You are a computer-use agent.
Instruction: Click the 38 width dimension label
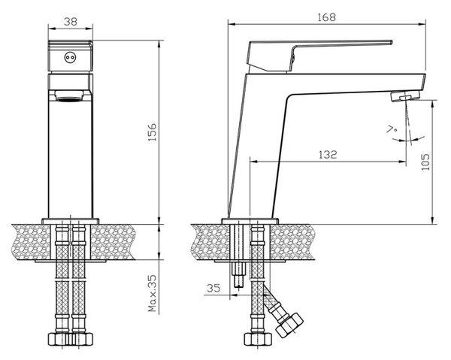pyautogui.click(x=71, y=22)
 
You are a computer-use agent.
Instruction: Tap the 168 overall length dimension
pyautogui.click(x=326, y=17)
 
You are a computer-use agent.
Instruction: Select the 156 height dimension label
pyautogui.click(x=152, y=132)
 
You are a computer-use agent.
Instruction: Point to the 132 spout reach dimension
pyautogui.click(x=328, y=154)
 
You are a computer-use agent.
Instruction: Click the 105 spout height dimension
pyautogui.click(x=425, y=162)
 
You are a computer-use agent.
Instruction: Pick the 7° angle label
pyautogui.click(x=392, y=130)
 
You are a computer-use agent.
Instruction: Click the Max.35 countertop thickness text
pyautogui.click(x=152, y=293)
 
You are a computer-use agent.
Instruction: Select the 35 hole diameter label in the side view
pyautogui.click(x=213, y=288)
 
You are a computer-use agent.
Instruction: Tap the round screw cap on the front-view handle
pyautogui.click(x=70, y=58)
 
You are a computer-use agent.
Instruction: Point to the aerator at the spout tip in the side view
pyautogui.click(x=405, y=96)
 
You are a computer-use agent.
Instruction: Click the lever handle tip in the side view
pyautogui.click(x=391, y=42)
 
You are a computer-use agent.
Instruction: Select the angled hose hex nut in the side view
pyautogui.click(x=289, y=325)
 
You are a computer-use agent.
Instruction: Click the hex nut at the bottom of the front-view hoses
pyautogui.click(x=71, y=339)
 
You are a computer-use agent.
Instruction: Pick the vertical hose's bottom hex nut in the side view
pyautogui.click(x=258, y=339)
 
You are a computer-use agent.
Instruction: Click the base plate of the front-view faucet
pyautogui.click(x=71, y=221)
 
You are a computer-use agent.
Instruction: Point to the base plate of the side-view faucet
pyautogui.click(x=250, y=221)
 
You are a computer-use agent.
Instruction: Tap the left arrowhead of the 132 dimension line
pyautogui.click(x=254, y=162)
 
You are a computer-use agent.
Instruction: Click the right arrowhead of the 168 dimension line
pyautogui.click(x=422, y=25)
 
